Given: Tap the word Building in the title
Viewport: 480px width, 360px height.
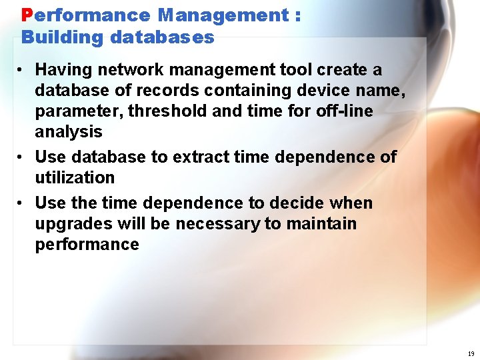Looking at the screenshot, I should (x=63, y=37).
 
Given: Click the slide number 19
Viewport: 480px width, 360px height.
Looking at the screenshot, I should (x=471, y=354).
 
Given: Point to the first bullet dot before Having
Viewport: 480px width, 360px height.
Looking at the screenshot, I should (x=22, y=70).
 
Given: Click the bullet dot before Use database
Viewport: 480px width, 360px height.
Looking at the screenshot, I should (x=22, y=157).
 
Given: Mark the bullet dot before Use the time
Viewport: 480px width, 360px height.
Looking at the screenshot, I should (x=22, y=203).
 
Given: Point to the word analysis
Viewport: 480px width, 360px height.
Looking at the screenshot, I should (x=68, y=132).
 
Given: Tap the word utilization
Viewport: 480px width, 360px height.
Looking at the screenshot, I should (x=75, y=178).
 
